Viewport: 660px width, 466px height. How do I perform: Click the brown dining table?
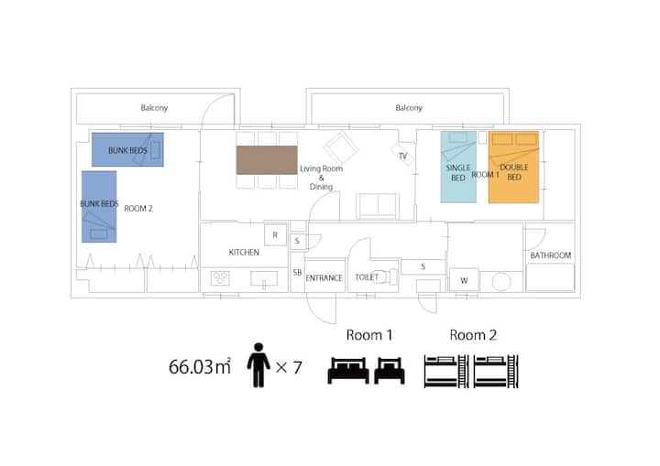(267, 160)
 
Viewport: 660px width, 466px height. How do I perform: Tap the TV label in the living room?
(402, 156)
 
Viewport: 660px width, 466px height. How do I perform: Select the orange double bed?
(513, 168)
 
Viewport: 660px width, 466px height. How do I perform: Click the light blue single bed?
(458, 167)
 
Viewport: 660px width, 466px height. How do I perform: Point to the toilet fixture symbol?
(386, 276)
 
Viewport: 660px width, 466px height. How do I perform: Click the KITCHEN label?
(244, 253)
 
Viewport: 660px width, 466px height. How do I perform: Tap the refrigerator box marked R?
(275, 235)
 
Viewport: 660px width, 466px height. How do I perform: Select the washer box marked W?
(464, 280)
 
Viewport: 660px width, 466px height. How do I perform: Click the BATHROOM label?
(551, 255)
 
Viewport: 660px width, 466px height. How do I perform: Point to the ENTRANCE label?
(324, 278)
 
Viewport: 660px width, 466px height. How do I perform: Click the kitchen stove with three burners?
(220, 278)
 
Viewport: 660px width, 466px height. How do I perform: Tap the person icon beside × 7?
(258, 365)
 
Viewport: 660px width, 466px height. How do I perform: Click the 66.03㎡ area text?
(200, 367)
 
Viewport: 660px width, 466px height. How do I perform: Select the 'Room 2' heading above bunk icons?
(473, 335)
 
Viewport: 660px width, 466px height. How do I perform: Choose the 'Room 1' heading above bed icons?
(369, 335)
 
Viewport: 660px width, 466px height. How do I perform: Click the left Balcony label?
(154, 108)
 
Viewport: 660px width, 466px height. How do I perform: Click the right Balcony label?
(409, 108)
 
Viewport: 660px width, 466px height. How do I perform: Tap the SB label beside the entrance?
(297, 273)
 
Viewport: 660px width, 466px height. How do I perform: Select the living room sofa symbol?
(378, 206)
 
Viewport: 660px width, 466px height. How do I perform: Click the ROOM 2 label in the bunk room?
(138, 209)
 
